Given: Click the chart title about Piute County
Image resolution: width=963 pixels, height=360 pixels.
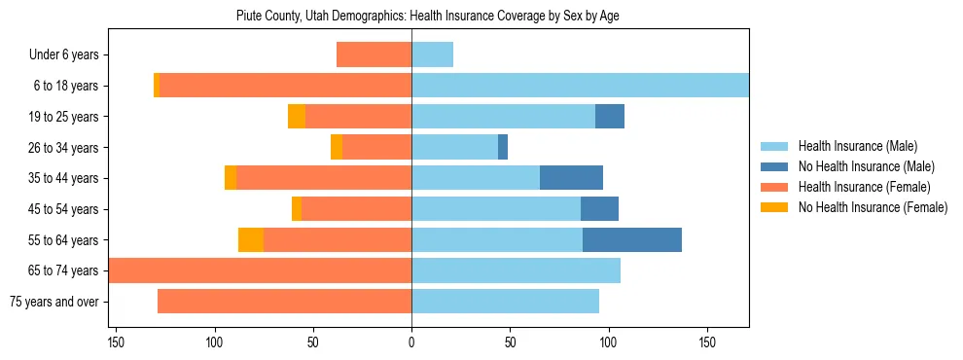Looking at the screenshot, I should pyautogui.click(x=428, y=16).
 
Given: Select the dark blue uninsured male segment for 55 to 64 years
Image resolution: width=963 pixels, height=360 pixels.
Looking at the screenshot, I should pyautogui.click(x=632, y=239).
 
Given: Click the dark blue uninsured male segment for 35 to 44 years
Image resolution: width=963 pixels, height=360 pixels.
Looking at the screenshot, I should pyautogui.click(x=571, y=178).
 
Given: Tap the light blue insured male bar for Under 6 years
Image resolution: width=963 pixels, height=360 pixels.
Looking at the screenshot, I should pyautogui.click(x=432, y=54).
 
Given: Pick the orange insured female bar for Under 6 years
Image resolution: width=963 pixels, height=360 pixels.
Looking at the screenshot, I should pyautogui.click(x=374, y=54).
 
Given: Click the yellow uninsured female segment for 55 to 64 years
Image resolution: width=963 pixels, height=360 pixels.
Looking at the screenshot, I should pyautogui.click(x=251, y=239).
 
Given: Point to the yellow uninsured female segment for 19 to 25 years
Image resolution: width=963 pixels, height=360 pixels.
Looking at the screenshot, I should pyautogui.click(x=297, y=117).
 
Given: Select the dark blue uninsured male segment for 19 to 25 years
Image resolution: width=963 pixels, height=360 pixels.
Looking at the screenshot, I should pyautogui.click(x=610, y=117).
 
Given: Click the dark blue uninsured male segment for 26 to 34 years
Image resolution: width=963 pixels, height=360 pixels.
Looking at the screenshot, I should pyautogui.click(x=503, y=147).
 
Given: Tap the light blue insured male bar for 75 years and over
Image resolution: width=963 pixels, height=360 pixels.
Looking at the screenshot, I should pyautogui.click(x=505, y=302).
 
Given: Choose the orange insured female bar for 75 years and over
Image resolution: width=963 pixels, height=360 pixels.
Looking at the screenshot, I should pyautogui.click(x=284, y=302).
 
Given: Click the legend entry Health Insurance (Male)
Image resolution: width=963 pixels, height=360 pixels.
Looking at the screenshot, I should pyautogui.click(x=857, y=146).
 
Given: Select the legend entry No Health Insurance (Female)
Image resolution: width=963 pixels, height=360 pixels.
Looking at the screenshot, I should pyautogui.click(x=873, y=207).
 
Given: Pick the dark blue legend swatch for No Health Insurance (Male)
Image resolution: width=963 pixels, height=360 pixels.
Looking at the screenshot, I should pyautogui.click(x=775, y=166).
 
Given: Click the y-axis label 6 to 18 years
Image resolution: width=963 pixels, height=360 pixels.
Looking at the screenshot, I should pyautogui.click(x=65, y=86).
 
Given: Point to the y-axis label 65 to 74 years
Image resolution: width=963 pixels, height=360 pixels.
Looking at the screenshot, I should pyautogui.click(x=63, y=270).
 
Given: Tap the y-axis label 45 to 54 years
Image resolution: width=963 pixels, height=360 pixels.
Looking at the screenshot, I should pyautogui.click(x=63, y=209).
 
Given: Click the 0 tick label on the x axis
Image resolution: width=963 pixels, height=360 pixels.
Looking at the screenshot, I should pyautogui.click(x=411, y=343).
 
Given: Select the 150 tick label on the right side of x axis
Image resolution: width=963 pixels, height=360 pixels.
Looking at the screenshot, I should pyautogui.click(x=707, y=343).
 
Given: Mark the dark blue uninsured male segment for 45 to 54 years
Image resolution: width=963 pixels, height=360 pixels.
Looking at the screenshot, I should pyautogui.click(x=599, y=209).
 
